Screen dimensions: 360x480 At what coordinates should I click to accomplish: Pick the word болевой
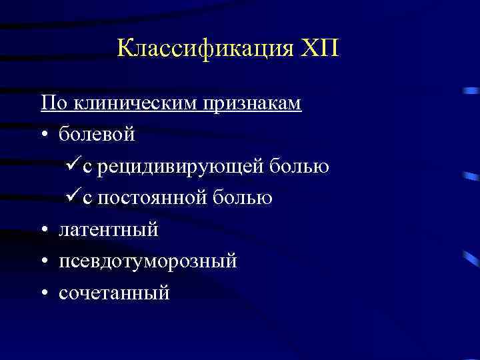click(x=97, y=135)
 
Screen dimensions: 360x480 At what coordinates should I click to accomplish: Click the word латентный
click(x=109, y=230)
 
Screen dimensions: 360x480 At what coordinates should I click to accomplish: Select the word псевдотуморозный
click(x=147, y=261)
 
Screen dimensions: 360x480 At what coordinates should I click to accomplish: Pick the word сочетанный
click(x=114, y=293)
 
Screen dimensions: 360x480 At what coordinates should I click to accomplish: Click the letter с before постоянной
click(x=88, y=199)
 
